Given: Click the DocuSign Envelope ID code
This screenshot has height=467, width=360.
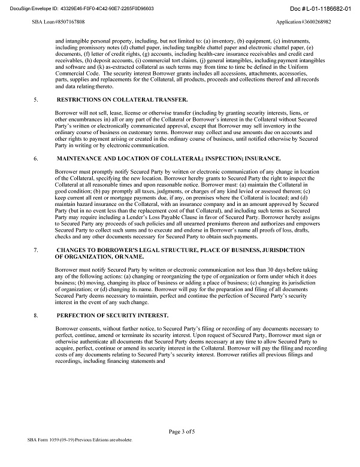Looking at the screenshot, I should click(105, 9).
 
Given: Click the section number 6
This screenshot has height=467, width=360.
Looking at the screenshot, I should click(37, 158).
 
